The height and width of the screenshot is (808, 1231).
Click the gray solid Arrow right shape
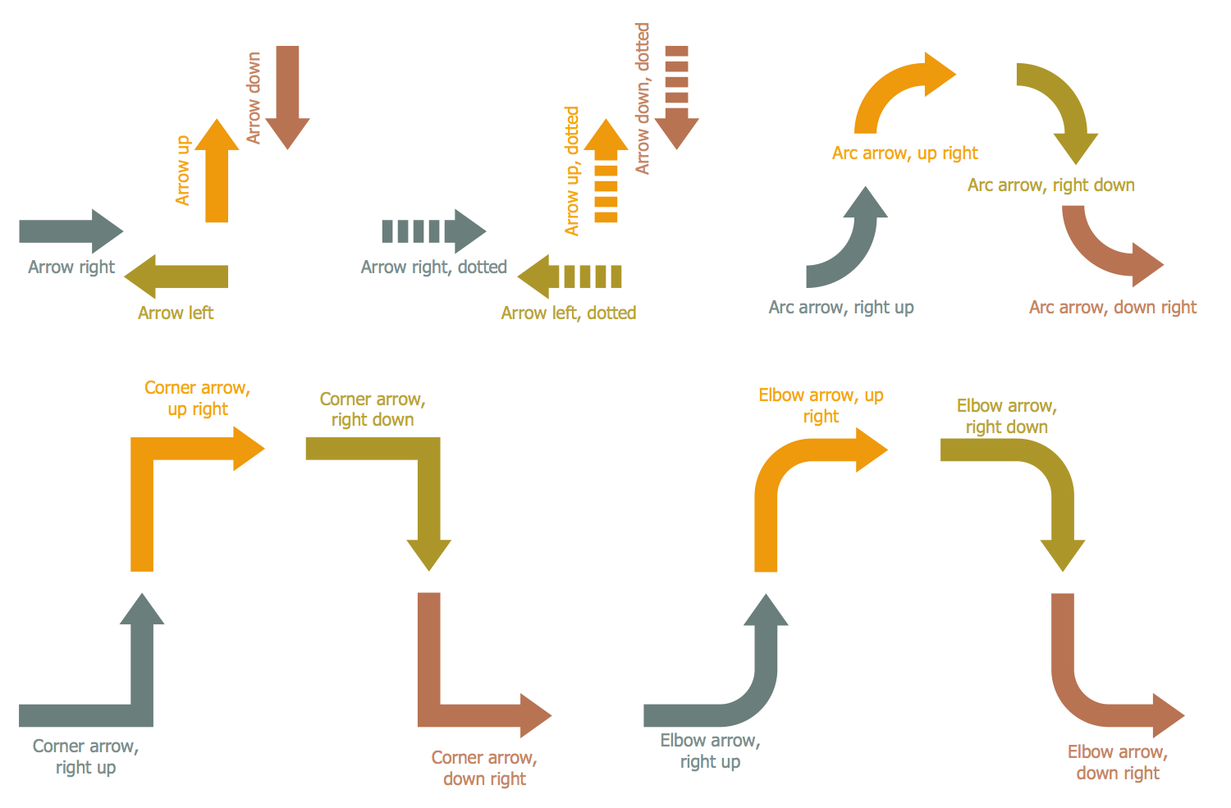point(66,231)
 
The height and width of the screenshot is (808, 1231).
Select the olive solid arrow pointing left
point(181,276)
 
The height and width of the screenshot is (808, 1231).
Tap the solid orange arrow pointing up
point(217,176)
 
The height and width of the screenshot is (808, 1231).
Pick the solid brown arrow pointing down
point(288,90)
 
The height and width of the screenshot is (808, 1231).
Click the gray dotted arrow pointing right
point(435,231)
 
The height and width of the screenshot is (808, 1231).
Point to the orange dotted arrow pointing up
point(606,176)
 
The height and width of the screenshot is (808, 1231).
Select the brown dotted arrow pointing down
point(676,94)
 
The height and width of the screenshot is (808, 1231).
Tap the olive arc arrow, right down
point(1063,107)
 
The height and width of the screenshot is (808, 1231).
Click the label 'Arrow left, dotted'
point(569,313)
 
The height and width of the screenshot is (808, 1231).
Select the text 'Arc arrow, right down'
point(1050,185)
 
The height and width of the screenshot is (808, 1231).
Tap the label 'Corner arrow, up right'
point(197,398)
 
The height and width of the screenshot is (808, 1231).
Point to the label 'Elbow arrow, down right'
point(1117,762)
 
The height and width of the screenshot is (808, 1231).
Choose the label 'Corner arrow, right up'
point(85,756)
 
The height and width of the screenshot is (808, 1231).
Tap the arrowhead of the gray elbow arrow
point(766,612)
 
